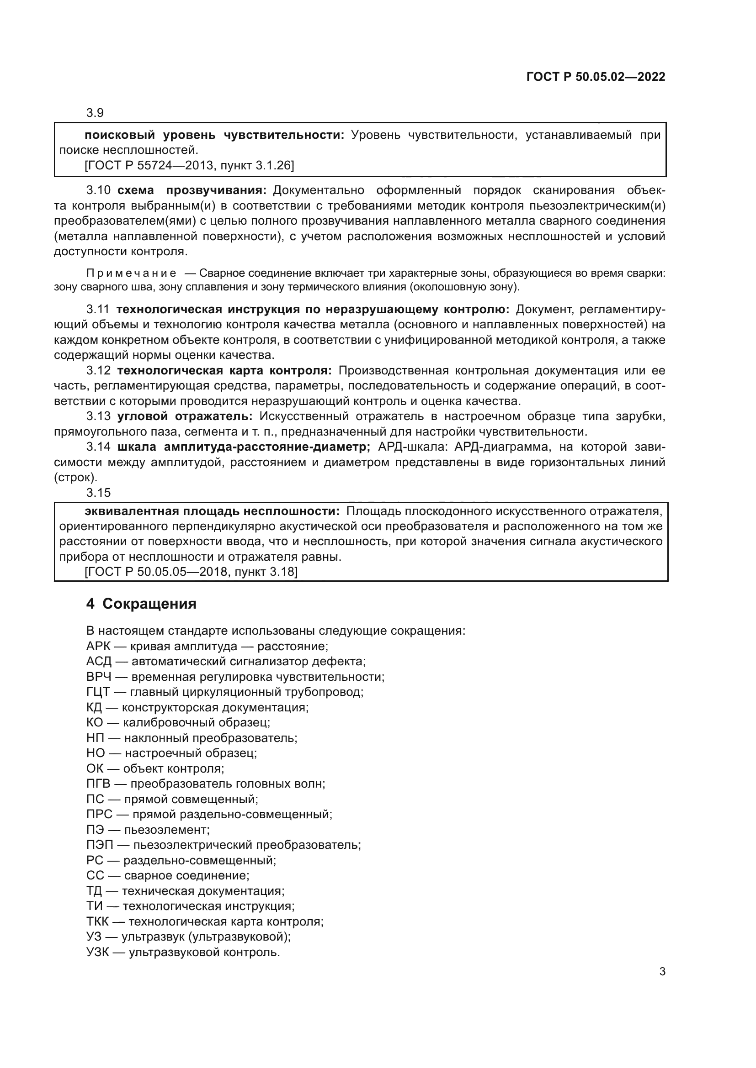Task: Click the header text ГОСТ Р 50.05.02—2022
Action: pyautogui.click(x=596, y=77)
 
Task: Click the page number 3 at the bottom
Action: pyautogui.click(x=662, y=972)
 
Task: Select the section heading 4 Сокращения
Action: pyautogui.click(x=141, y=604)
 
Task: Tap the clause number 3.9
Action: pyautogui.click(x=95, y=113)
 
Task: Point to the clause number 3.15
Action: pyautogui.click(x=98, y=493)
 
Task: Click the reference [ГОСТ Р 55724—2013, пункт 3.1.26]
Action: pyautogui.click(x=189, y=166)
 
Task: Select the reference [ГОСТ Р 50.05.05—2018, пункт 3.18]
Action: pyautogui.click(x=191, y=572)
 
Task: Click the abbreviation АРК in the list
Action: pyautogui.click(x=99, y=646)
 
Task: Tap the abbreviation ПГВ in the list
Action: pyautogui.click(x=98, y=784)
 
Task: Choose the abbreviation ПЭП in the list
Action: pyautogui.click(x=100, y=845)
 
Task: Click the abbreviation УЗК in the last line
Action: pyautogui.click(x=97, y=952)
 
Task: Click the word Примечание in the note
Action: pyautogui.click(x=131, y=273)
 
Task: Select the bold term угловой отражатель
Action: pyautogui.click(x=185, y=416)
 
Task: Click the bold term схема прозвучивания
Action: pyautogui.click(x=192, y=190)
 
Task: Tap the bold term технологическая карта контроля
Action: pyautogui.click(x=224, y=371)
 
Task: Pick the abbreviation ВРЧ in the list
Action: pyautogui.click(x=98, y=677)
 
